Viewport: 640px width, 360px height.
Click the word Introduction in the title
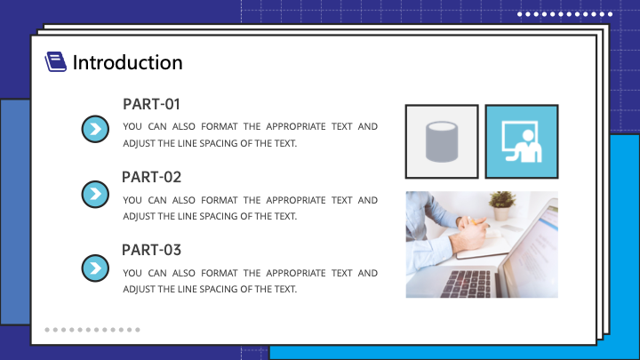click(x=127, y=62)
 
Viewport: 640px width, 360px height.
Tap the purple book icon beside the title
click(x=55, y=61)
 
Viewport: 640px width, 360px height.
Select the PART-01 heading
click(x=151, y=104)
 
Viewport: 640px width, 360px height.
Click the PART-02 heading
click(x=151, y=177)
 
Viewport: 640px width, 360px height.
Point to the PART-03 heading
click(x=151, y=250)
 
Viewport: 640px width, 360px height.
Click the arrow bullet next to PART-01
click(x=95, y=129)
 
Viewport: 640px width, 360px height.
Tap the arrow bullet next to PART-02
click(x=95, y=194)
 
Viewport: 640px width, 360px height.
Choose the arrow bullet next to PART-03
click(x=95, y=268)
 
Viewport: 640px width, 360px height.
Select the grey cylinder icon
click(x=442, y=141)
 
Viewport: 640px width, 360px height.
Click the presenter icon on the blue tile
click(x=522, y=141)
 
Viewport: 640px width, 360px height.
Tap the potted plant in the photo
click(x=502, y=205)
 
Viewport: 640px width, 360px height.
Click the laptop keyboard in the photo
click(x=465, y=284)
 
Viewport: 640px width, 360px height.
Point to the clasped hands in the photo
click(x=471, y=234)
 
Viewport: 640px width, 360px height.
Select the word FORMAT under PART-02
click(x=220, y=200)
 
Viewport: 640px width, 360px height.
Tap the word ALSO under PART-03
click(x=184, y=273)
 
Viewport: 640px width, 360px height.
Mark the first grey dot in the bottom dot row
click(x=47, y=330)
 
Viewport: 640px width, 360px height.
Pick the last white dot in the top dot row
click(x=610, y=14)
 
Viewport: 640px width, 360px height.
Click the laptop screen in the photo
click(x=531, y=249)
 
